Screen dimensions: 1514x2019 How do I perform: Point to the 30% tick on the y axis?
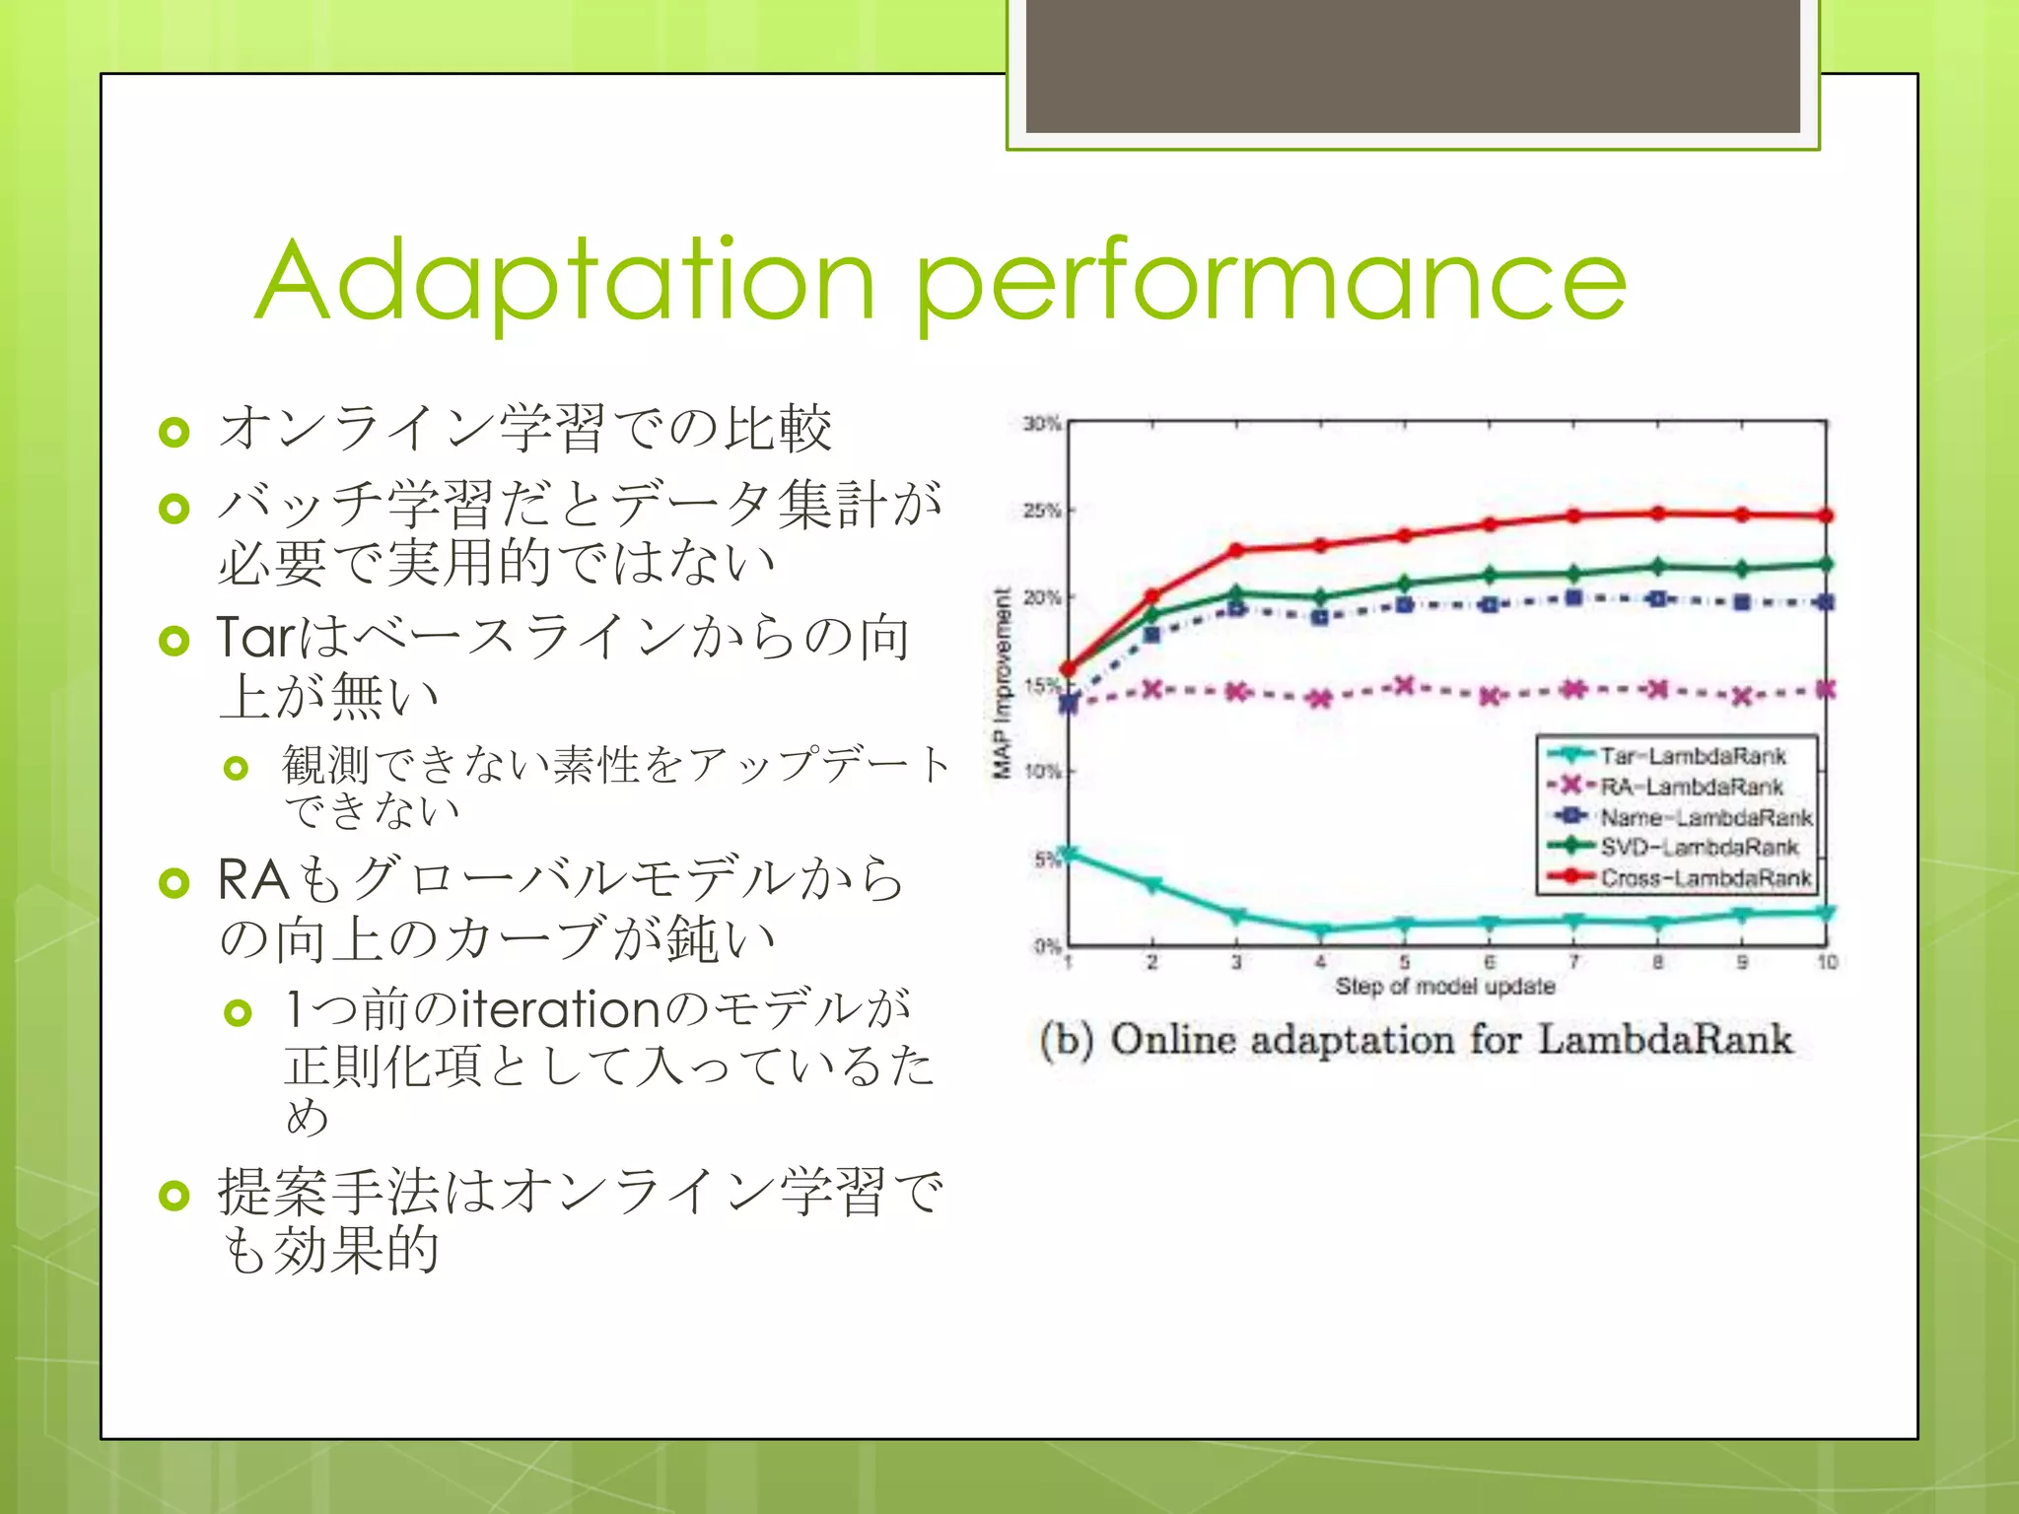[x=1041, y=424]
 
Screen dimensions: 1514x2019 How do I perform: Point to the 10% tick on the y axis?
[x=1041, y=771]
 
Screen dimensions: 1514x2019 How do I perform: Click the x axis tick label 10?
[x=1827, y=962]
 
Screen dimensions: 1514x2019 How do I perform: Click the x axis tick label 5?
[x=1405, y=962]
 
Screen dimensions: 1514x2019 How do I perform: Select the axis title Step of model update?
[x=1445, y=987]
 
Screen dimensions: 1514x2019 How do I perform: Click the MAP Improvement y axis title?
[x=1002, y=683]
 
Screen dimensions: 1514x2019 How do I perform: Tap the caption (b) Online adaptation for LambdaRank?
[x=1416, y=1040]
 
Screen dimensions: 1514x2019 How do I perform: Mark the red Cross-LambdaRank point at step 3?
[x=1236, y=550]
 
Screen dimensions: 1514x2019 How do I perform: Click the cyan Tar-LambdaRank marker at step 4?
[x=1321, y=929]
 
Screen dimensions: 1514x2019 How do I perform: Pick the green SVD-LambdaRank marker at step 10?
[x=1826, y=564]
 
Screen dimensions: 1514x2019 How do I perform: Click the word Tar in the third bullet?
[x=254, y=638]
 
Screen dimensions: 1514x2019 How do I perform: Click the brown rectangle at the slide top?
[x=1413, y=65]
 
